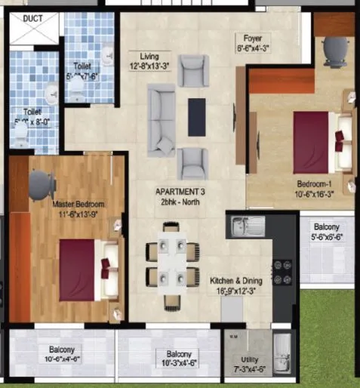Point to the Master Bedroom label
pos(78,205)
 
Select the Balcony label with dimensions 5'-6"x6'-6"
pos(328,226)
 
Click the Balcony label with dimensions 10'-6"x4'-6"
pos(62,350)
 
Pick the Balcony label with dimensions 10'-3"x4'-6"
pos(174,355)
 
